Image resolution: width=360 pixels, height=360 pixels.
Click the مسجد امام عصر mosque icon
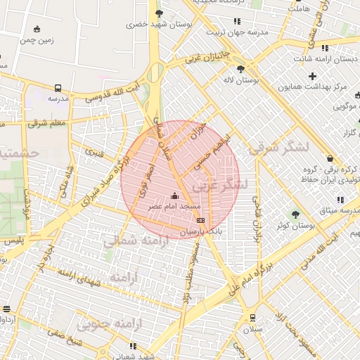click(175, 195)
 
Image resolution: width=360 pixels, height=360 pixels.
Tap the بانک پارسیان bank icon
click(201, 220)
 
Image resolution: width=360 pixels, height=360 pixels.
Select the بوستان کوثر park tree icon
click(294, 214)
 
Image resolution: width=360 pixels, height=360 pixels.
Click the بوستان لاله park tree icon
click(241, 69)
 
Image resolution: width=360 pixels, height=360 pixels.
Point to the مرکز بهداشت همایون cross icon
click(312, 75)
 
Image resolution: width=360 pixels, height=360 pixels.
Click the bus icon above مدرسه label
click(57, 89)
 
